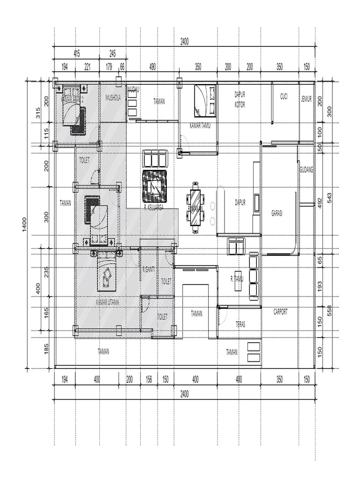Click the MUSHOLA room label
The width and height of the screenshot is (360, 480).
click(x=113, y=98)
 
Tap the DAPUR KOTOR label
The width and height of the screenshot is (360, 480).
click(x=240, y=99)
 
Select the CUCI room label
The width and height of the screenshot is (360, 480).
click(x=284, y=97)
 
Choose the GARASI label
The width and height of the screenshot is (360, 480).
click(x=277, y=213)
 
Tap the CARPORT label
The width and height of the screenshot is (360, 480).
click(x=280, y=311)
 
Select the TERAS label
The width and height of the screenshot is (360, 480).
click(x=240, y=324)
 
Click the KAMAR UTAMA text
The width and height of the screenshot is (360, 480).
click(x=107, y=303)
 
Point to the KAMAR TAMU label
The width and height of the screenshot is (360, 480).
click(x=200, y=126)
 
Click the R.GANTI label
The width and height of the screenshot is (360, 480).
click(x=149, y=269)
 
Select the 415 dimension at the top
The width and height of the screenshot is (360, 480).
click(x=76, y=54)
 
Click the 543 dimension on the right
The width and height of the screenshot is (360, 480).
click(x=330, y=197)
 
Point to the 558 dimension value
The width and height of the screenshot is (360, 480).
click(x=330, y=311)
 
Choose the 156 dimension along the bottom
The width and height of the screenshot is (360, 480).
click(x=149, y=379)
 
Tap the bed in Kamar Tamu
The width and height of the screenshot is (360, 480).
click(x=205, y=100)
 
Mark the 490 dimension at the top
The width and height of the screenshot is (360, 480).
click(x=152, y=67)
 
